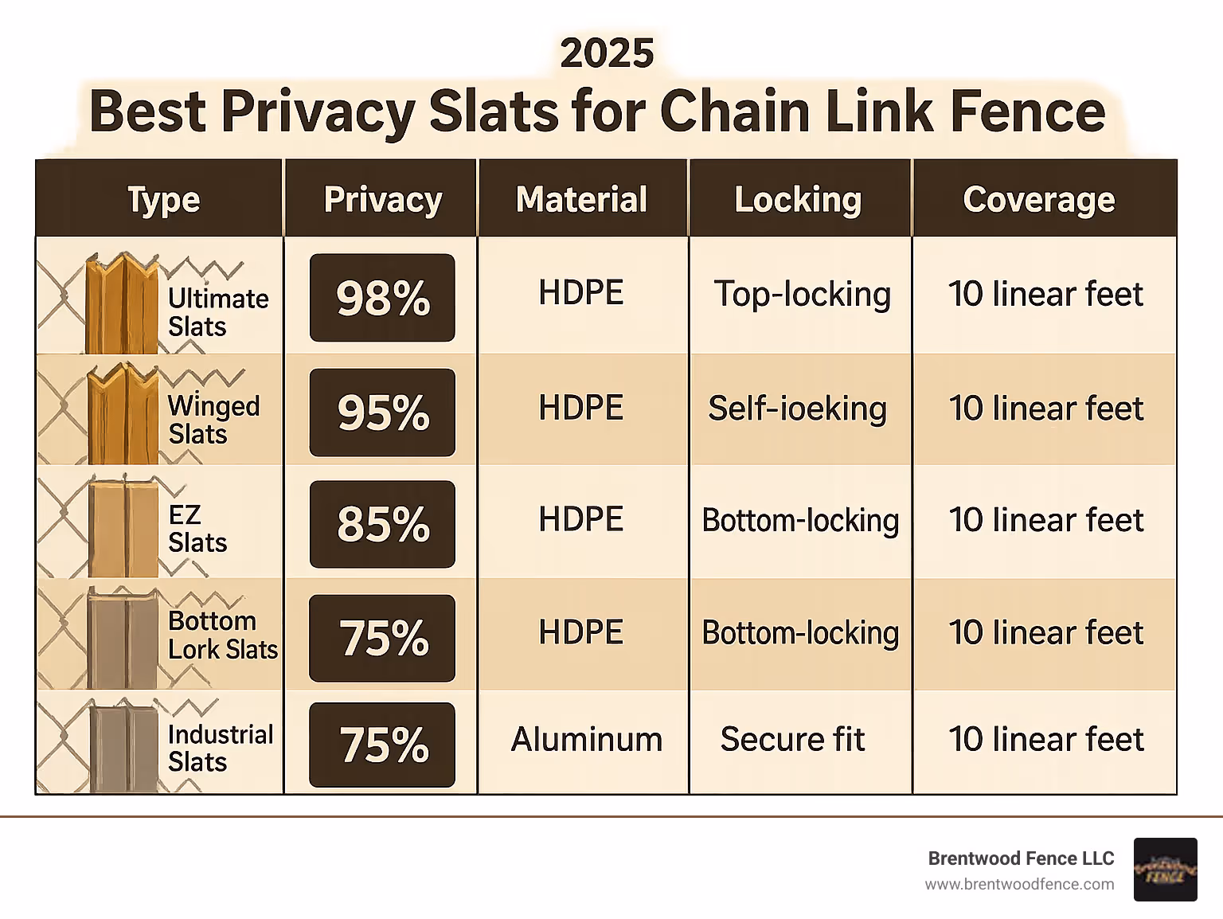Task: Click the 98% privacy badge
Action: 382,298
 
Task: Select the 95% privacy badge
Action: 382,413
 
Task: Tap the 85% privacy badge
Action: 382,524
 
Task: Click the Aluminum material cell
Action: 586,739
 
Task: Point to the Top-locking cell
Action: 802,295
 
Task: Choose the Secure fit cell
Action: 792,739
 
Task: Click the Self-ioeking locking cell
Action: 797,409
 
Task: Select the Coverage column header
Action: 1038,199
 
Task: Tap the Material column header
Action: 581,199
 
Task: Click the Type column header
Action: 163,199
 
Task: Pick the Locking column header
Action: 798,199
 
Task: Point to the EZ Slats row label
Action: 197,529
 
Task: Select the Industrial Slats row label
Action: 220,748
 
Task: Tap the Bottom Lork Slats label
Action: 222,635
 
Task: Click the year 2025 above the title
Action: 607,53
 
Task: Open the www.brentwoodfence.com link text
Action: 1019,884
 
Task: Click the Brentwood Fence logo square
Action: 1165,870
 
